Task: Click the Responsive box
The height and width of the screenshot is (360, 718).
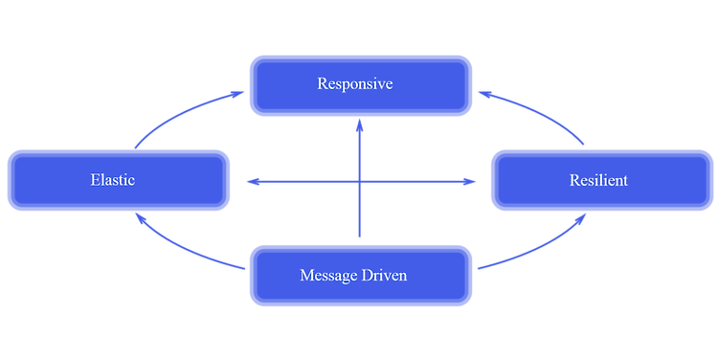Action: [x=361, y=85]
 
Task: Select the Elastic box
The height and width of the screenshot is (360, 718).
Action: [x=119, y=180]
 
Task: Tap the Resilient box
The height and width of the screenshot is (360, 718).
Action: [x=602, y=180]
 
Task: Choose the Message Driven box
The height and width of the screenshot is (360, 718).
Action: [x=361, y=276]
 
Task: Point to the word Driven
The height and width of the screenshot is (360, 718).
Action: [x=385, y=276]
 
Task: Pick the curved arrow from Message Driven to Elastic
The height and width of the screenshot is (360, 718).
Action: [x=182, y=251]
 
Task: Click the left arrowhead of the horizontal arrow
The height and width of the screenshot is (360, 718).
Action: [x=250, y=181]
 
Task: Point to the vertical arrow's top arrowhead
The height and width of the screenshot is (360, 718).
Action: [x=360, y=126]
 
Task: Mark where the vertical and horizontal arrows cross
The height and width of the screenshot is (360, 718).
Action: [x=360, y=181]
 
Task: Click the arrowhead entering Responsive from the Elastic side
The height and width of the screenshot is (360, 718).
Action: [x=238, y=92]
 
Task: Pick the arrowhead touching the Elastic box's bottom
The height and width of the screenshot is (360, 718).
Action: [x=139, y=219]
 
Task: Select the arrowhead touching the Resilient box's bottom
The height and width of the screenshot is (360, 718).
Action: [x=581, y=219]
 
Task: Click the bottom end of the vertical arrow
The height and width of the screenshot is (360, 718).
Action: [x=360, y=235]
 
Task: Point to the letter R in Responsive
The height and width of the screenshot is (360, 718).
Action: [x=323, y=84]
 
